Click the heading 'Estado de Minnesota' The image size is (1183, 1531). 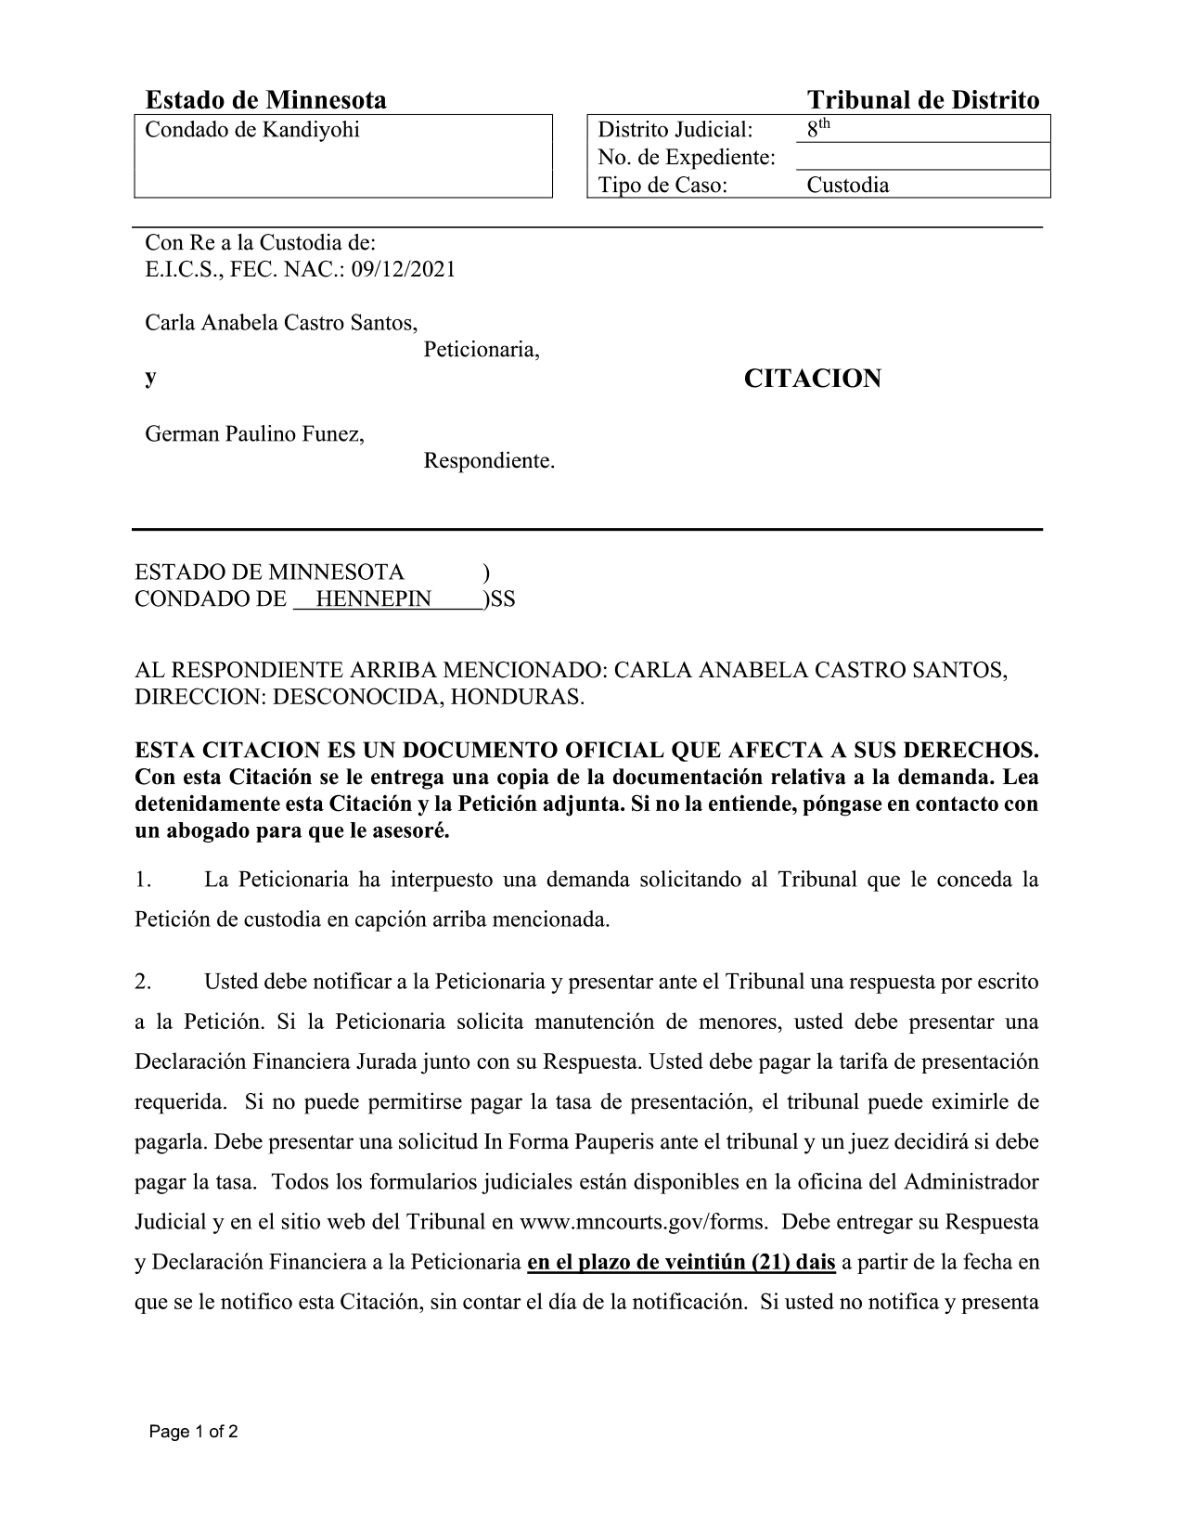[265, 100]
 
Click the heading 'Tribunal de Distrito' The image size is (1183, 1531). [922, 100]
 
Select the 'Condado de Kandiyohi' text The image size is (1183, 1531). [251, 130]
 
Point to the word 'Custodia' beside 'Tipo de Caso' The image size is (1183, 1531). [847, 185]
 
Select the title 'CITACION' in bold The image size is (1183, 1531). [812, 379]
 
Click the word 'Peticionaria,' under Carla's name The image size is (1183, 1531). [482, 351]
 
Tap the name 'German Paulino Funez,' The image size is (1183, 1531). [254, 433]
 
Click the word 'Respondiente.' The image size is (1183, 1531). [489, 460]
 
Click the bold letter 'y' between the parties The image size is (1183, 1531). [150, 379]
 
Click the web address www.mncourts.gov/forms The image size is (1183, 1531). [643, 1222]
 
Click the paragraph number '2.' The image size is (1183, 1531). [143, 981]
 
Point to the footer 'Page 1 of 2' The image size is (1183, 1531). [194, 1432]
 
